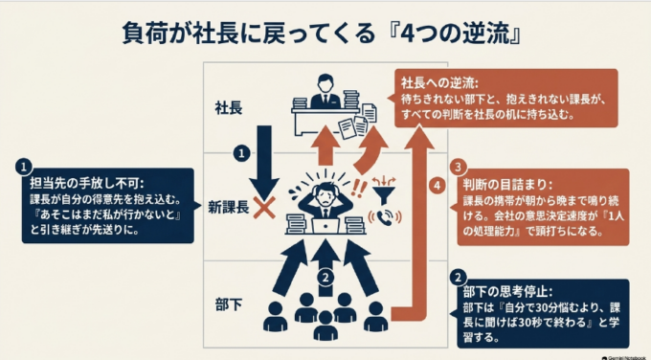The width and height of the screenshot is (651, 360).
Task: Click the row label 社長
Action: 229,108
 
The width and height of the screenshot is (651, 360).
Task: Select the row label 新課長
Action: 229,207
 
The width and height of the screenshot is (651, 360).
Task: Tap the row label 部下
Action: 229,305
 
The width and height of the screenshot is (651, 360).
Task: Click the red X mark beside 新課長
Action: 264,208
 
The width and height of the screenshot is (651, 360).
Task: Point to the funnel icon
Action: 384,191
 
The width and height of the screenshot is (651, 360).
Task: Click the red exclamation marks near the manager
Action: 359,189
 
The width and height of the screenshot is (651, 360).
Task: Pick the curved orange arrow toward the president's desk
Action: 370,150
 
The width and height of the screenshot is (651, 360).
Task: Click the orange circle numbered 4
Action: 437,185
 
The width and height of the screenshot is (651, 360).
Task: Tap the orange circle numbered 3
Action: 459,168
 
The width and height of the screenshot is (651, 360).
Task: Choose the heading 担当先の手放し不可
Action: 87,183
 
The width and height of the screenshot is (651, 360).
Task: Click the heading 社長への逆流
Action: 439,83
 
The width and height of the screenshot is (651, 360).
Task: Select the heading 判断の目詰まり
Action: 507,185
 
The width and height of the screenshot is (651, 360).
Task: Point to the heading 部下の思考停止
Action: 507,291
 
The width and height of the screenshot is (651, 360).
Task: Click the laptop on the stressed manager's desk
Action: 325,226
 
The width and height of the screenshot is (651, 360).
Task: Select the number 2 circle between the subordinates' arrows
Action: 325,278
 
